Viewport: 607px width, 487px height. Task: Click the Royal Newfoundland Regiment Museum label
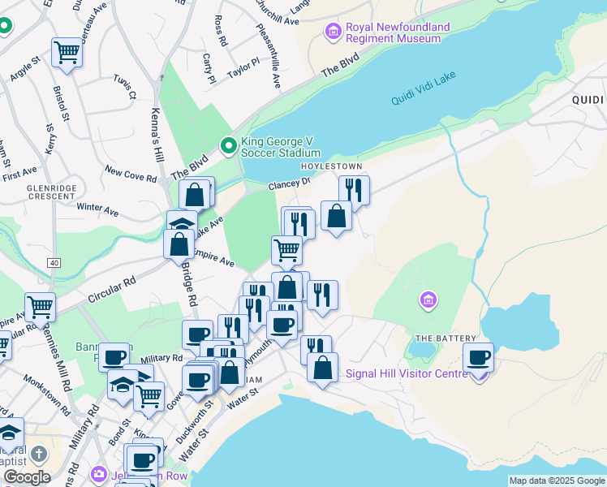(x=398, y=32)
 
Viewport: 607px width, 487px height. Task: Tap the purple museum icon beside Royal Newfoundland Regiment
(x=332, y=32)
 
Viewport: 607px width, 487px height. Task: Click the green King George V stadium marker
(x=229, y=146)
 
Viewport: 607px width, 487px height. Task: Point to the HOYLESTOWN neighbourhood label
(x=331, y=166)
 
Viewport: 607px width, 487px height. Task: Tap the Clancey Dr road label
(x=290, y=185)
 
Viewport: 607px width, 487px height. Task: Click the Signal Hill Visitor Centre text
(x=407, y=374)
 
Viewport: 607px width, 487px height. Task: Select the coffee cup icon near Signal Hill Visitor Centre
(x=479, y=357)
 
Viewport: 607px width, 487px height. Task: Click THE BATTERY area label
(x=437, y=338)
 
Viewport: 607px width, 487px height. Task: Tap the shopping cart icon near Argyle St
(x=67, y=54)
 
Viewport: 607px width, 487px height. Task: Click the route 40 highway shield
(x=54, y=263)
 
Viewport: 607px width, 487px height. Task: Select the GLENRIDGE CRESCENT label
(x=28, y=191)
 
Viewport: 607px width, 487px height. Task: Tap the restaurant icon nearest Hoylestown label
(x=353, y=190)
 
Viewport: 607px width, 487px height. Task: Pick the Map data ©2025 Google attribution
(x=557, y=481)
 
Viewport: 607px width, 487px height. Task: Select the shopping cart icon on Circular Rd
(x=40, y=307)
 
